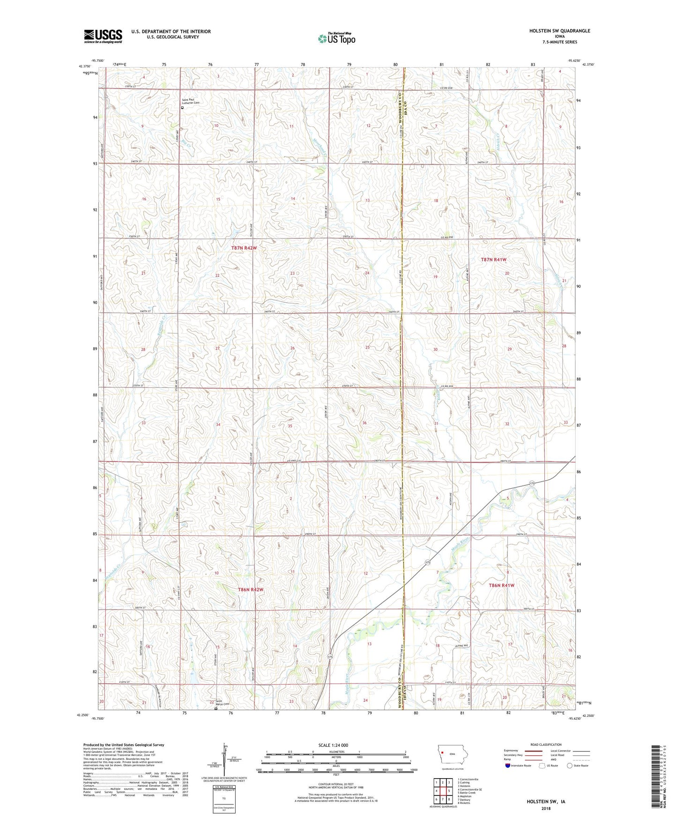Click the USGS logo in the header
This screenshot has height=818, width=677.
pyautogui.click(x=103, y=36)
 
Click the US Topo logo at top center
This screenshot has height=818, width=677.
pyautogui.click(x=336, y=38)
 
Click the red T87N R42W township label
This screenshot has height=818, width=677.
pyautogui.click(x=244, y=248)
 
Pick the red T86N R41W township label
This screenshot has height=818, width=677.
pyautogui.click(x=501, y=586)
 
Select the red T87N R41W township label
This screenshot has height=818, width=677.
pyautogui.click(x=494, y=260)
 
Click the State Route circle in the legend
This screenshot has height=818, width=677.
pyautogui.click(x=570, y=766)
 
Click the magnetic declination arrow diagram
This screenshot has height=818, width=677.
pyautogui.click(x=225, y=759)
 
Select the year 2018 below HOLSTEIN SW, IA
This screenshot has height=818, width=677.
pyautogui.click(x=546, y=808)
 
